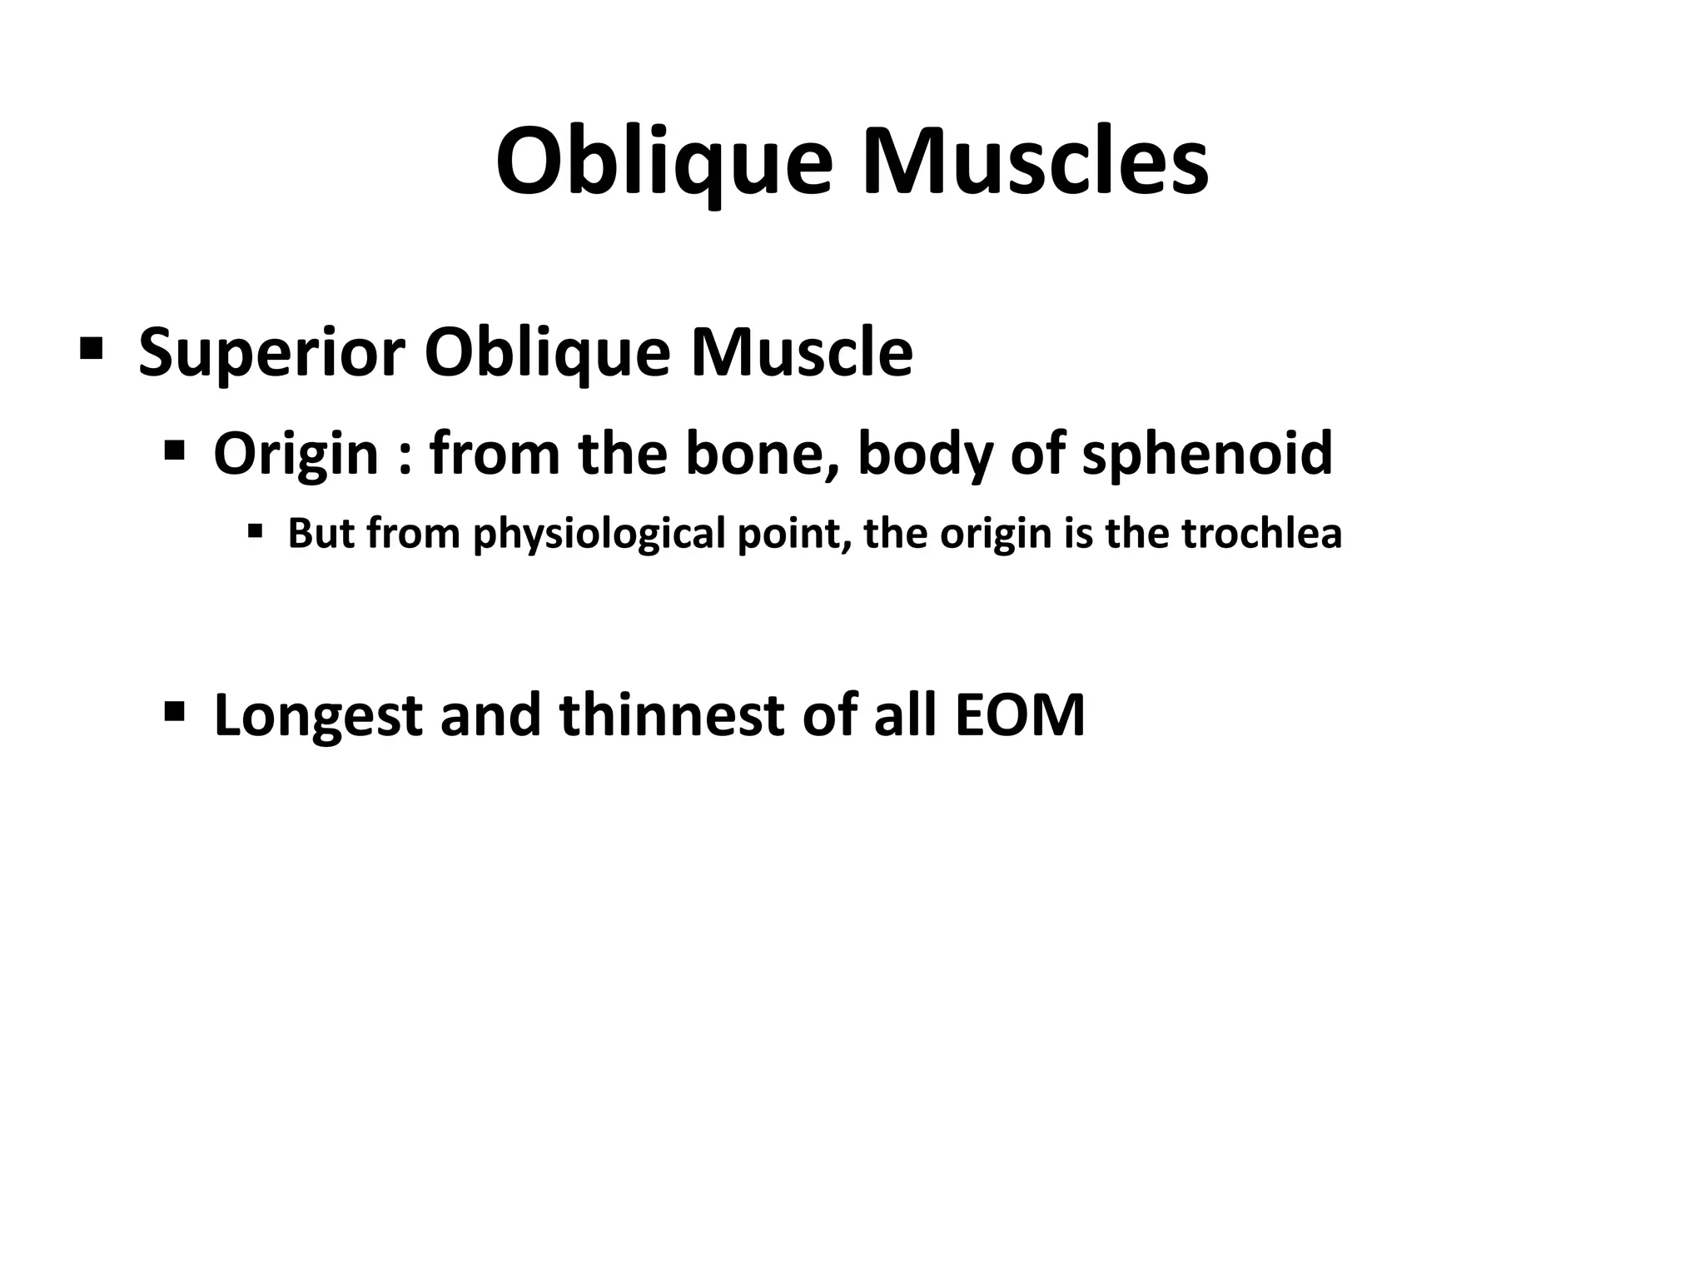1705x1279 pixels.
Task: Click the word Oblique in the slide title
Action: (664, 162)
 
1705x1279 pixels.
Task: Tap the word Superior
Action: (271, 352)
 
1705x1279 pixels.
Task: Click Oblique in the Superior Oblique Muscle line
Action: (547, 352)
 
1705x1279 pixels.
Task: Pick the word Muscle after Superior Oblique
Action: (802, 352)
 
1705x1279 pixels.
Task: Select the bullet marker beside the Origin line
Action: (174, 452)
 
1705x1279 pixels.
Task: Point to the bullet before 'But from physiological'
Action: (255, 530)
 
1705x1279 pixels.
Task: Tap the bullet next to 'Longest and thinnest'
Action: (174, 712)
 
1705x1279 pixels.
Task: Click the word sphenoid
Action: (1206, 454)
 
